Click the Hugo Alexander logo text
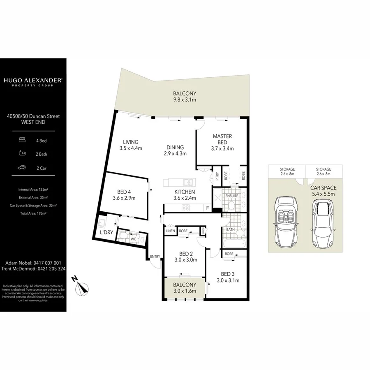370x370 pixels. [33, 81]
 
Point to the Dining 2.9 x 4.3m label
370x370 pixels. [175, 150]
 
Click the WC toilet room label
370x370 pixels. [133, 238]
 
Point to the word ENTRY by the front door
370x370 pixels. [155, 257]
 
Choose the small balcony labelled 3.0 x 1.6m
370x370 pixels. [184, 288]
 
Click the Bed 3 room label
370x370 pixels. [228, 277]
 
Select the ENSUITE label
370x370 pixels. [232, 196]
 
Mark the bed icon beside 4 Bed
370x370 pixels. [22, 141]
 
